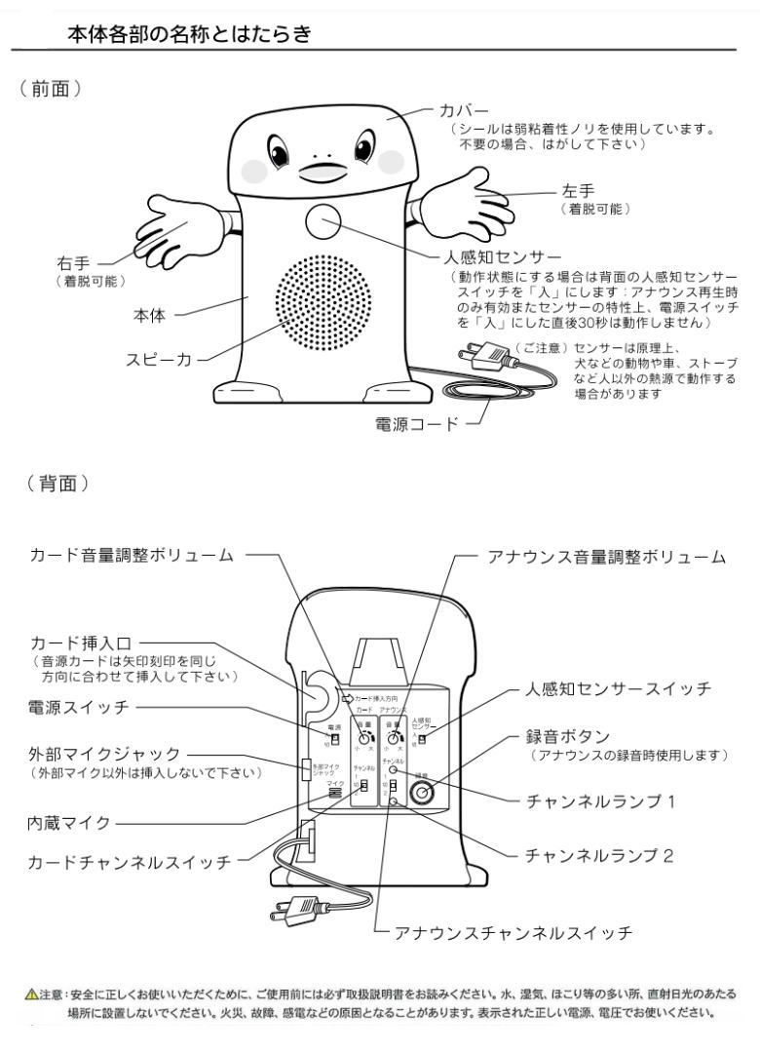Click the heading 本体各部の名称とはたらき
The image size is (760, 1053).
point(188,35)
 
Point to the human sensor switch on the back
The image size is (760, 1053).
point(422,738)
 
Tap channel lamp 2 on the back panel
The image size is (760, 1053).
point(393,801)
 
